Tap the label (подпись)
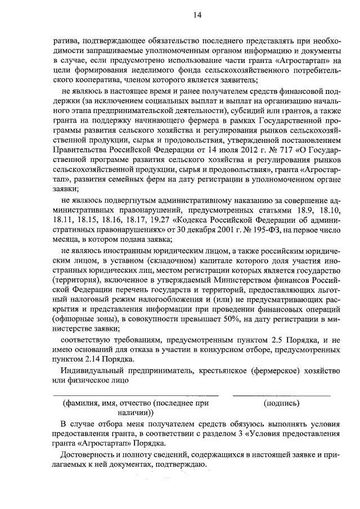(281, 403)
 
